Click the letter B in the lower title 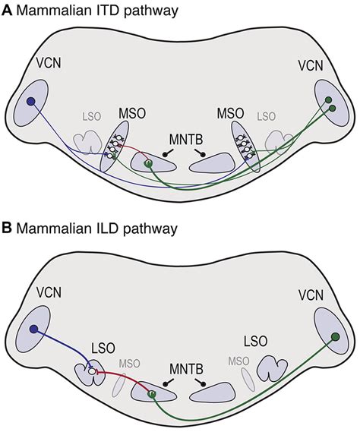(6, 229)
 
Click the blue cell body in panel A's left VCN (30, 102)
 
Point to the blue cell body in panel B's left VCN (33, 329)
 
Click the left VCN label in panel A (49, 63)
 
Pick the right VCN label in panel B (311, 295)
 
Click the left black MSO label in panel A (132, 113)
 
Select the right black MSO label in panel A (230, 113)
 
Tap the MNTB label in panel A (186, 139)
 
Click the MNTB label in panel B (186, 369)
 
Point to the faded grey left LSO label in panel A (92, 116)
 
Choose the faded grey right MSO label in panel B (238, 361)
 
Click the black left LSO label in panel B (103, 348)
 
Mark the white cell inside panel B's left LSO (91, 372)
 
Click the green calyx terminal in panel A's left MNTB (149, 164)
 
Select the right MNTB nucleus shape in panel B (213, 391)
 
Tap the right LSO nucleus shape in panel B (273, 367)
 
